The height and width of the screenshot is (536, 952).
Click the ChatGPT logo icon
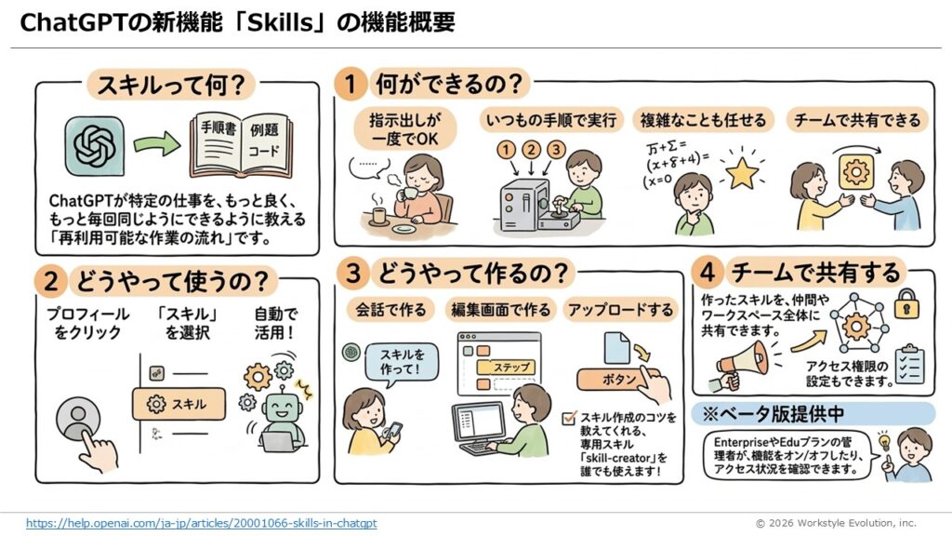tap(95, 146)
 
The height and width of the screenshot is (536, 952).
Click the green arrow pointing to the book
tap(156, 143)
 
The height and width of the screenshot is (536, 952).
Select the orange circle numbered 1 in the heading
tap(350, 83)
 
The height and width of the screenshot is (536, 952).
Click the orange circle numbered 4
tap(707, 273)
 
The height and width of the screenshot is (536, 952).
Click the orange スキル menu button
tap(178, 404)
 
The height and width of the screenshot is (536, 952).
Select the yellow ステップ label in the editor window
tap(506, 367)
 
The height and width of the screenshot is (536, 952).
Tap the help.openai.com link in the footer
tap(201, 523)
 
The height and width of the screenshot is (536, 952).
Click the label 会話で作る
tap(391, 310)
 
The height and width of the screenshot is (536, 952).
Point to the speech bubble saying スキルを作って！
tap(402, 362)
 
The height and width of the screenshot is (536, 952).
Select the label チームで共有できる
tap(857, 120)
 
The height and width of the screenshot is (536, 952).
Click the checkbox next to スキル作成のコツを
tap(569, 418)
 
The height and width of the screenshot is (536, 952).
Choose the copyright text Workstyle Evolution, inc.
tap(856, 523)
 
